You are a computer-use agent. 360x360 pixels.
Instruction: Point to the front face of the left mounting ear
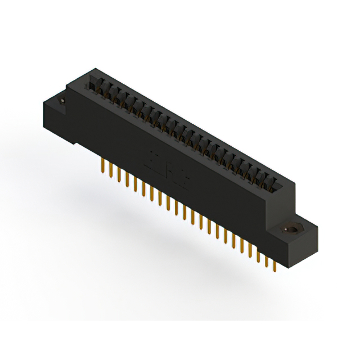56,118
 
